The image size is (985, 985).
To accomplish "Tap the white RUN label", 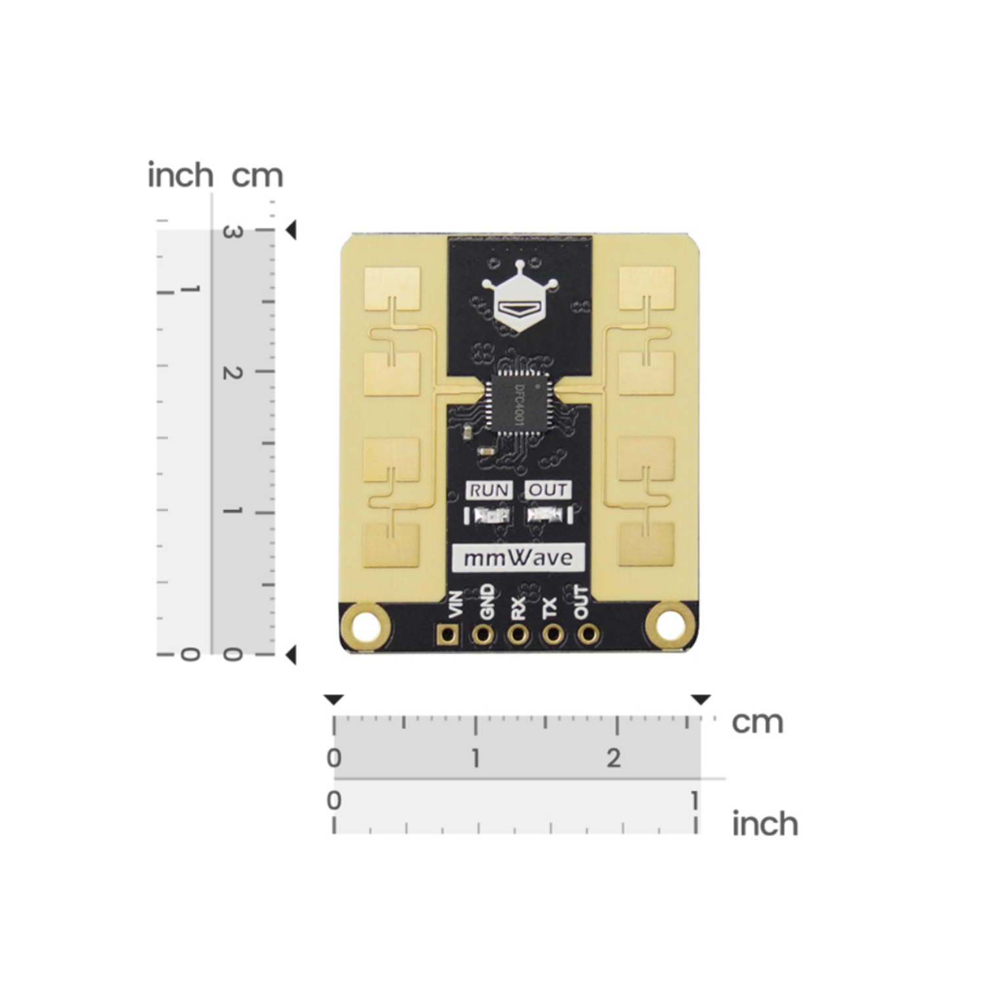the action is pos(489,490).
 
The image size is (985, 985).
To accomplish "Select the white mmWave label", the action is pos(518,558).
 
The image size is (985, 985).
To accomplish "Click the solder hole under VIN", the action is pos(449,634).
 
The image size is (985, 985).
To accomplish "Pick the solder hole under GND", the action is pos(483,634).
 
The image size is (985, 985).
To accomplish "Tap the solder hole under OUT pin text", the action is pos(588,634).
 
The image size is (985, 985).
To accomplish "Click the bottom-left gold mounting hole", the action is pos(365,624).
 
